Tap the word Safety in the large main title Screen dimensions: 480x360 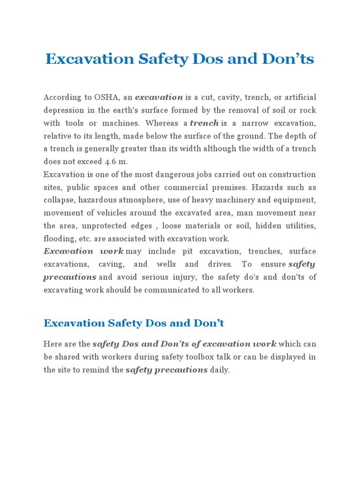click(162, 60)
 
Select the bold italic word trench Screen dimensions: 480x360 click(204, 123)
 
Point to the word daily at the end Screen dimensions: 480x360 click(220, 370)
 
